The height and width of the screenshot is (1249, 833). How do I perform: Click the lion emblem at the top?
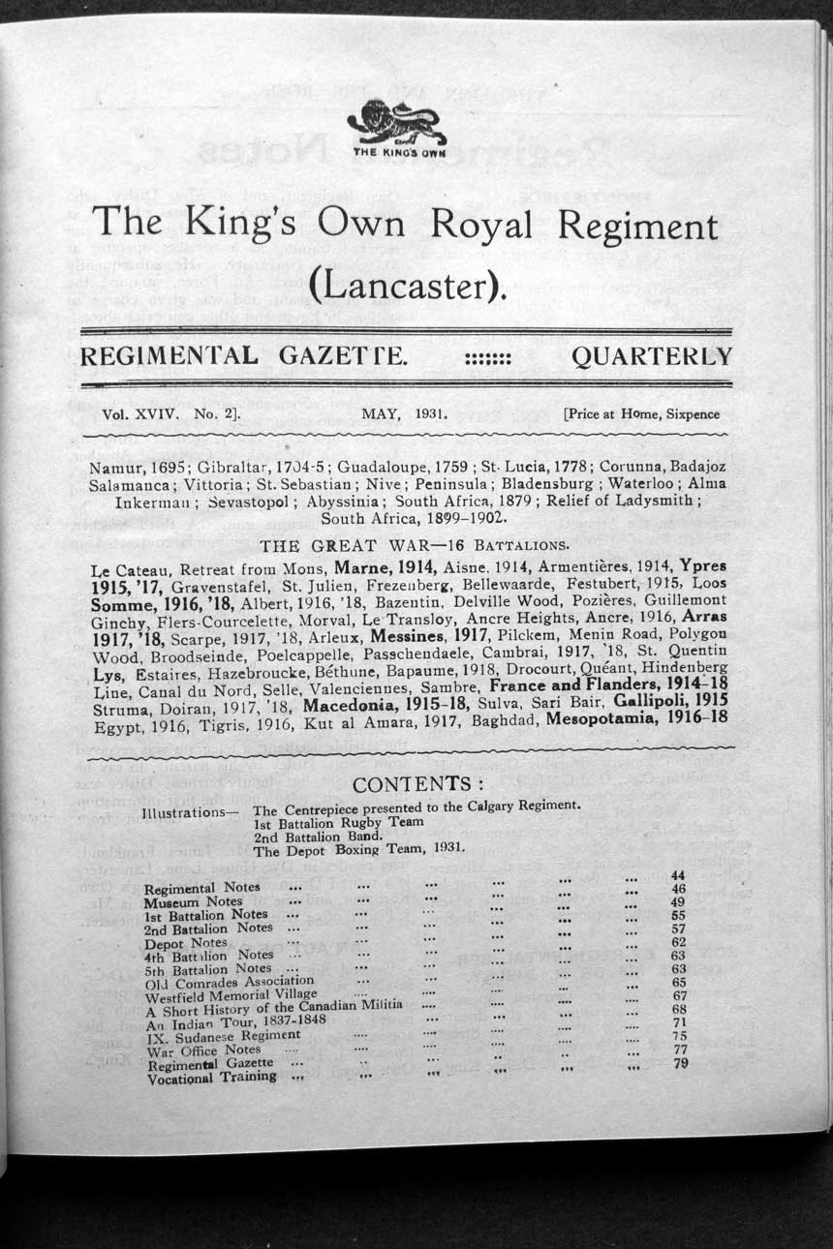397,123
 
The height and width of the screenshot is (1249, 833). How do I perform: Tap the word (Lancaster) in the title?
408,283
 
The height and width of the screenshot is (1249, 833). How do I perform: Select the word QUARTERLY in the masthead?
652,356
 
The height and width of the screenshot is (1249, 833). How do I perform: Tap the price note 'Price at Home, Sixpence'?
641,413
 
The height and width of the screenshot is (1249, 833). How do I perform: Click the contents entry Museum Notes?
193,901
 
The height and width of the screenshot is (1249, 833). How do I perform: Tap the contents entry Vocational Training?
211,1077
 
